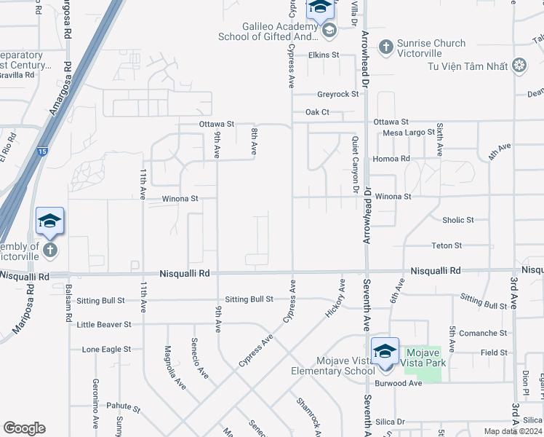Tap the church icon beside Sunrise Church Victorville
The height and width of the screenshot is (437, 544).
tap(385, 47)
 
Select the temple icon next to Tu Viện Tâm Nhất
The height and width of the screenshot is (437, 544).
tap(519, 66)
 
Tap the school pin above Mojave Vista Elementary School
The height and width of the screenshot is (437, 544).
tap(385, 353)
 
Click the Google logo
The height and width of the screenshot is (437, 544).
tap(24, 428)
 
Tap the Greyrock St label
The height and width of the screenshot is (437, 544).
tap(337, 94)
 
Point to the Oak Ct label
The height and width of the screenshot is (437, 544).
tap(317, 112)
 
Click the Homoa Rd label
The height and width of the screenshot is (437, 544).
tap(391, 158)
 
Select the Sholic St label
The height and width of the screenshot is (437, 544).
tap(457, 220)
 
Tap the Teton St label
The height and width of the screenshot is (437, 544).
tap(447, 245)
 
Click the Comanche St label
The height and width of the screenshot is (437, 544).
tap(484, 333)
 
